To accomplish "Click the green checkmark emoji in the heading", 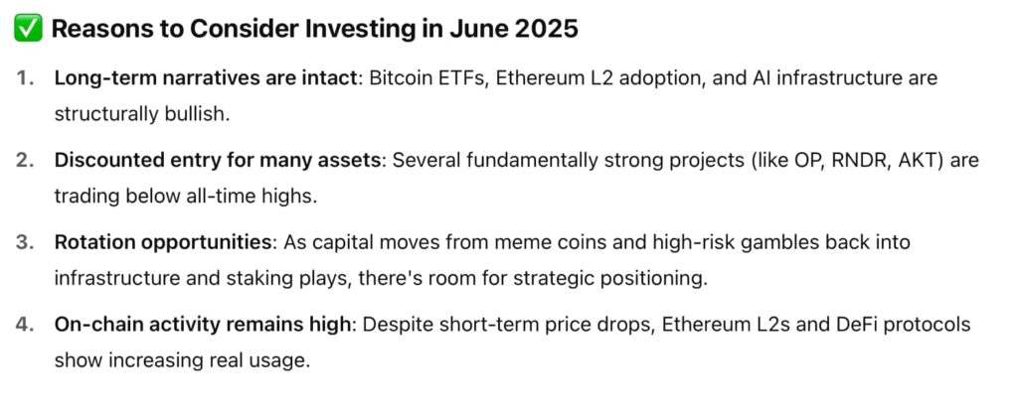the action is coord(27,29).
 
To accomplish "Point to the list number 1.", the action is coord(24,78).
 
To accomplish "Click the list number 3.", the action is coord(24,242).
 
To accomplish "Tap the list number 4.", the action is coord(24,325).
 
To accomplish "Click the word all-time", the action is coord(203,196).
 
